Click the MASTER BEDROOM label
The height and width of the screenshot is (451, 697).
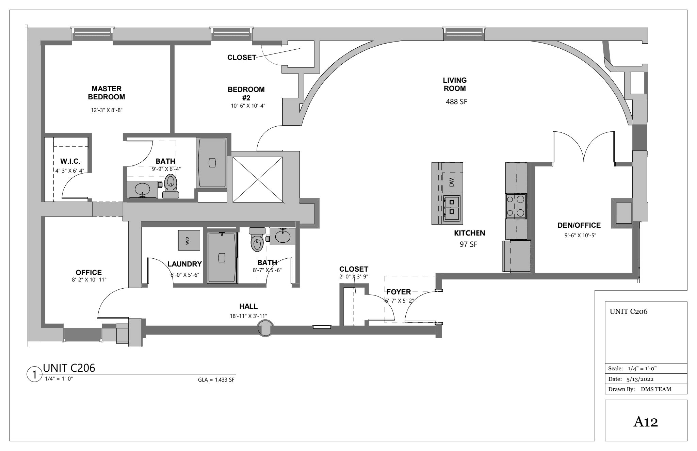click(x=107, y=93)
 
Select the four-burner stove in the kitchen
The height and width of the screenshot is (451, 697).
click(x=516, y=206)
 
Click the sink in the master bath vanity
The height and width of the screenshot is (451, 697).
click(x=142, y=189)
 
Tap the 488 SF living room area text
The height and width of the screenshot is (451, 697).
click(x=456, y=101)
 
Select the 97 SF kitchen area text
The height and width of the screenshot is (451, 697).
click(x=469, y=244)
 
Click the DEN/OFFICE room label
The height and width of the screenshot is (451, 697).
click(x=579, y=225)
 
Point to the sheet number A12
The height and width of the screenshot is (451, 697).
click(x=646, y=422)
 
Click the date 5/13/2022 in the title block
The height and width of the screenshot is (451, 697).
click(x=639, y=379)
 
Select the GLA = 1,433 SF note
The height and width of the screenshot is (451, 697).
click(x=216, y=380)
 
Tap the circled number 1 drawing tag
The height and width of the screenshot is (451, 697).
click(x=34, y=375)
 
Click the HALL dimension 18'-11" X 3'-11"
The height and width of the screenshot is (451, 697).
click(x=248, y=316)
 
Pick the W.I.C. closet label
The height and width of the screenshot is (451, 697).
click(x=70, y=161)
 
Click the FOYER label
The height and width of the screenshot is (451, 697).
click(x=399, y=292)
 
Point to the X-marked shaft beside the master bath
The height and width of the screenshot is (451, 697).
click(x=258, y=180)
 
